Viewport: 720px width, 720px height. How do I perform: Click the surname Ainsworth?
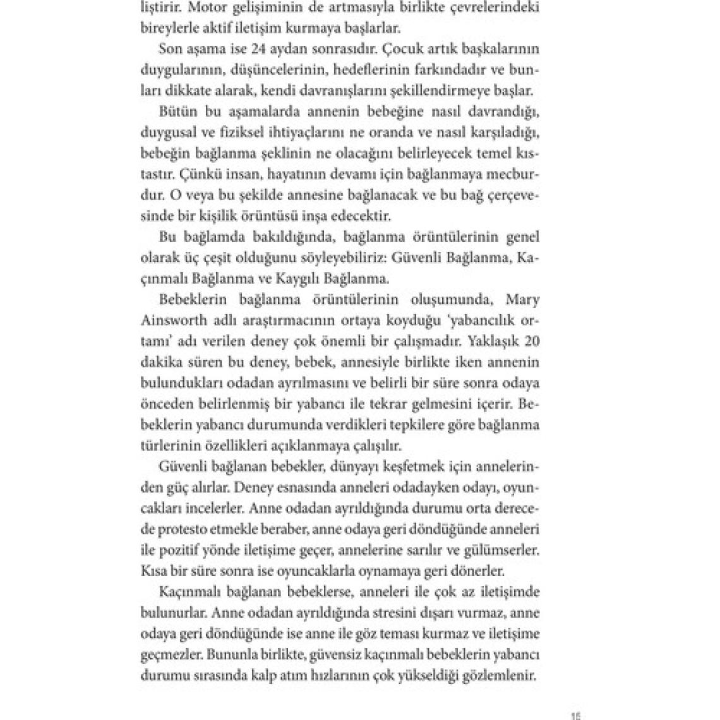pyautogui.click(x=171, y=320)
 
